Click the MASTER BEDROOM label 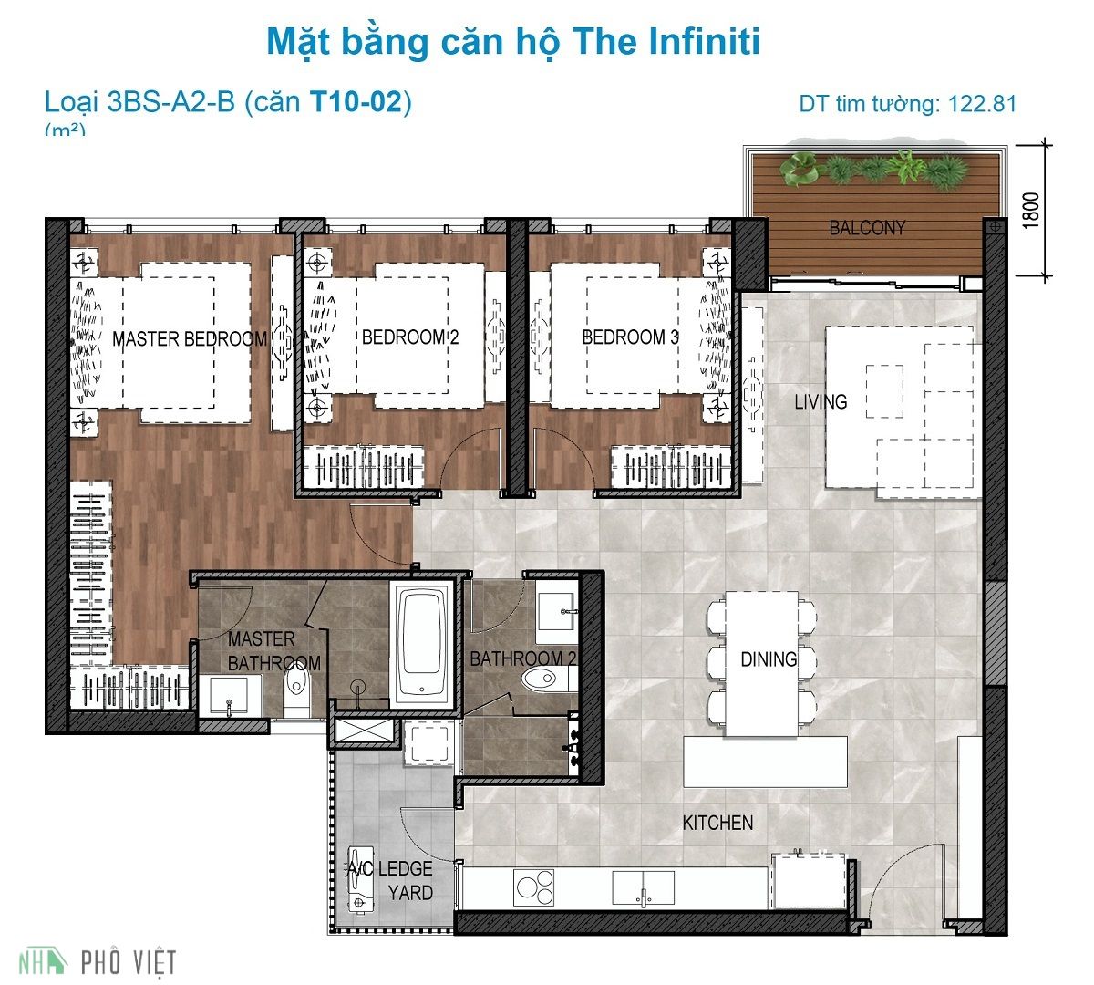click(x=190, y=339)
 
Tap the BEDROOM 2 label click(x=410, y=337)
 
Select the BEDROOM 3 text click(x=630, y=337)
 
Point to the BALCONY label click(x=867, y=228)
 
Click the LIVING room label click(x=820, y=401)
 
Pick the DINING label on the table click(x=768, y=658)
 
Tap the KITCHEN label click(x=717, y=823)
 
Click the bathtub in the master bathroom click(x=423, y=643)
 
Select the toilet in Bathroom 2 click(x=545, y=678)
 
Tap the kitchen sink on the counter click(x=643, y=886)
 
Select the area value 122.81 click(x=982, y=103)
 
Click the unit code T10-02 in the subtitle click(x=355, y=101)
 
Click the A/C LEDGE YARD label click(x=390, y=880)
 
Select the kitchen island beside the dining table click(x=765, y=762)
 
